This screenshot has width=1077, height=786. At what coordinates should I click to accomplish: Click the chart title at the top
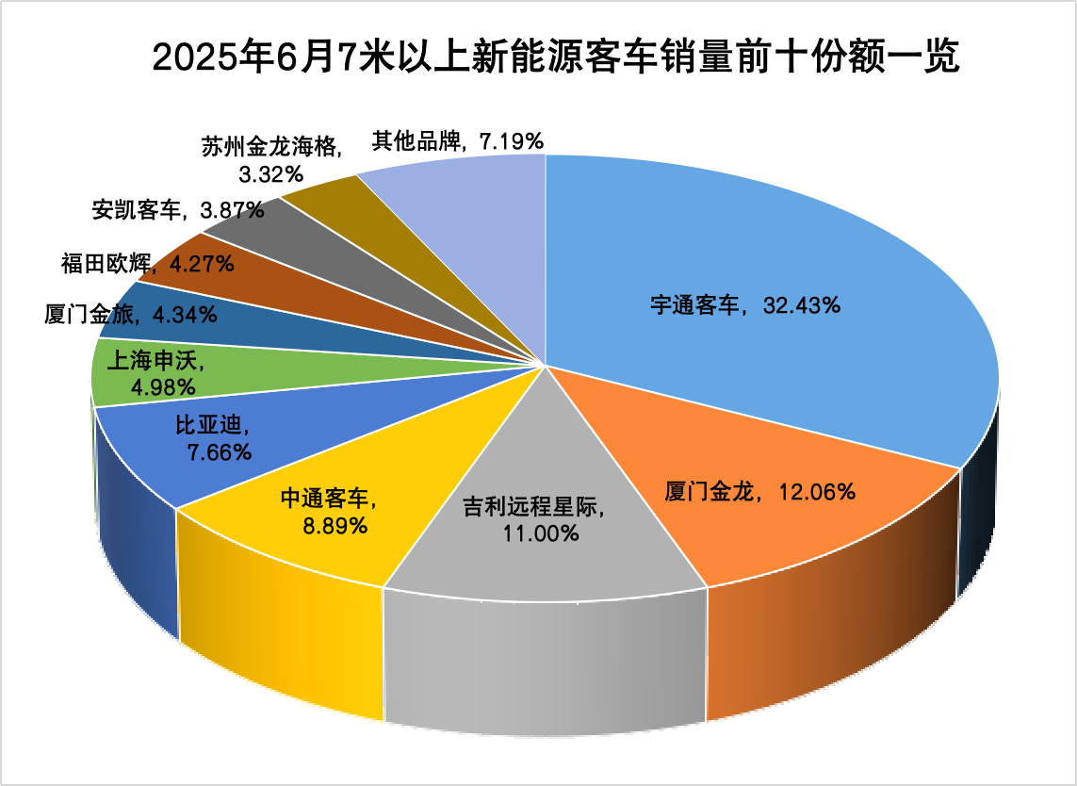[555, 58]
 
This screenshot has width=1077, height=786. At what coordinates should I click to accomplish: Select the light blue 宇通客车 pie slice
[773, 236]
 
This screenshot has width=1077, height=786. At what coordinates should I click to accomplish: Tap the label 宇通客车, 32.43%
[745, 305]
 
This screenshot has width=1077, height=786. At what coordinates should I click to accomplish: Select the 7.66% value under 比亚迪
[220, 452]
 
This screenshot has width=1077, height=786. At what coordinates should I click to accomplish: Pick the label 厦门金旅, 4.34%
[131, 314]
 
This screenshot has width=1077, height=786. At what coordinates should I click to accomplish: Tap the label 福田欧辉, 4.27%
[147, 264]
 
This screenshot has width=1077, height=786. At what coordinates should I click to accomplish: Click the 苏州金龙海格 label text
[274, 146]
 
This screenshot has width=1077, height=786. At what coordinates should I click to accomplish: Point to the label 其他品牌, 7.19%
[457, 141]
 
